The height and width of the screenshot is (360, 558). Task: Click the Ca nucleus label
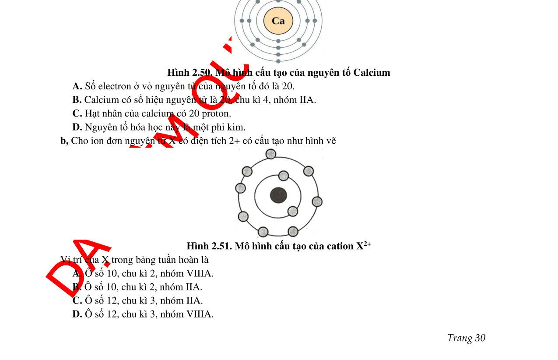coord(278,21)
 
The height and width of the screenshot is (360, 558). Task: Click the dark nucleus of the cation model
coord(278,195)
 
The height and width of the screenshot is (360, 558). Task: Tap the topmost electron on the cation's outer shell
coord(271,154)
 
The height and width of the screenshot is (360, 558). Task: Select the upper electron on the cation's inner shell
coord(284,176)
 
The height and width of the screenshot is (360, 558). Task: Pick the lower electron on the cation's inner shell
coord(293,212)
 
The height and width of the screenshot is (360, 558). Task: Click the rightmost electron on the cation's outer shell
coord(317,202)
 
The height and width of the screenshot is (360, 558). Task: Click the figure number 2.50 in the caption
coord(203,72)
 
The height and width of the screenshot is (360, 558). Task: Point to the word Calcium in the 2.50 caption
coord(372,72)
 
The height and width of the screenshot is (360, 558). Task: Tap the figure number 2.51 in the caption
coord(222,246)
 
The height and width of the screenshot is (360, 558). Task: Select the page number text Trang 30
coord(466,338)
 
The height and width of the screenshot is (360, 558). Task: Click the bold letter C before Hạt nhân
coord(77,113)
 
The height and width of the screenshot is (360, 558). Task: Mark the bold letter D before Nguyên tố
coord(77,127)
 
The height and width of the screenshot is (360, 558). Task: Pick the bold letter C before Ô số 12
coord(77,300)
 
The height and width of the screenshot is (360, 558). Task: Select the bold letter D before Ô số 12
coord(77,314)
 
